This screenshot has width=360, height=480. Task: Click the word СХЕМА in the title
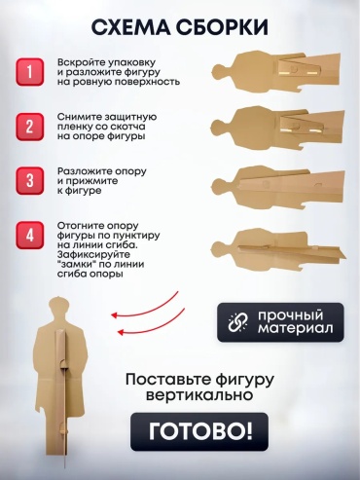point(130,27)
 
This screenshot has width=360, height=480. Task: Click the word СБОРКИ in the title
point(222,27)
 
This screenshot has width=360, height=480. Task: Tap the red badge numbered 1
point(29,72)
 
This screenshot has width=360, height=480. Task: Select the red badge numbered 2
point(29,127)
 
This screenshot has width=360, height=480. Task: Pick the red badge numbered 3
point(29,181)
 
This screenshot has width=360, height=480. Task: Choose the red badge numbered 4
point(29,236)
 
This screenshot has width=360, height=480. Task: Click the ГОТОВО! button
point(199,431)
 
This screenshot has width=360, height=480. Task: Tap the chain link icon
point(237,322)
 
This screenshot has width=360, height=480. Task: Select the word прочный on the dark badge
point(291,315)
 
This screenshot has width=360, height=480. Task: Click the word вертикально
point(199,395)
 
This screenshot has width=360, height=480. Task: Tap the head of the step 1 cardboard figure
point(221,72)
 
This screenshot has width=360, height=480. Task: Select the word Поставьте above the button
point(165,380)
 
